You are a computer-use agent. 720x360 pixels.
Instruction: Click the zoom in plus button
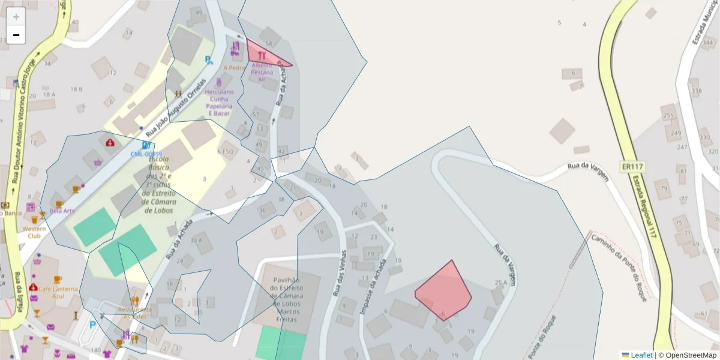pos(16,17)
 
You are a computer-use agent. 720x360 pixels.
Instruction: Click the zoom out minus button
pos(16,35)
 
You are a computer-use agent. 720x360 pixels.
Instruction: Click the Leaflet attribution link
pos(641,355)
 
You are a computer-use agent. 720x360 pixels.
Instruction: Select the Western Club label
pos(34,232)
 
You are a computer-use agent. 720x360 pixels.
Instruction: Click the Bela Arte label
pos(62,211)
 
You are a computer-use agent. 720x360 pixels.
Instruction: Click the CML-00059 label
pos(146,154)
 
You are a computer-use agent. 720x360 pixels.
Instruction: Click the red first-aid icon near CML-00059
pos(110,143)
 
